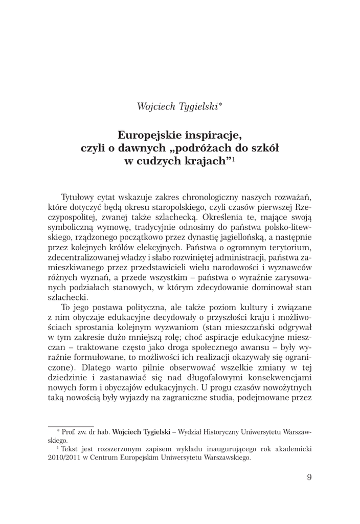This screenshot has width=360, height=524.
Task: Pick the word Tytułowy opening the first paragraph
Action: point(78,197)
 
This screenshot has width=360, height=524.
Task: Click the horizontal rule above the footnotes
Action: point(71,426)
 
